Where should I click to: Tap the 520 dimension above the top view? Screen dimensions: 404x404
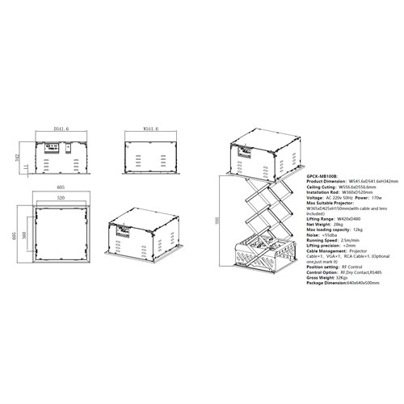click(x=62, y=197)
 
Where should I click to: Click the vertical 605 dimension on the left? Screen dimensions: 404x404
click(x=11, y=234)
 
